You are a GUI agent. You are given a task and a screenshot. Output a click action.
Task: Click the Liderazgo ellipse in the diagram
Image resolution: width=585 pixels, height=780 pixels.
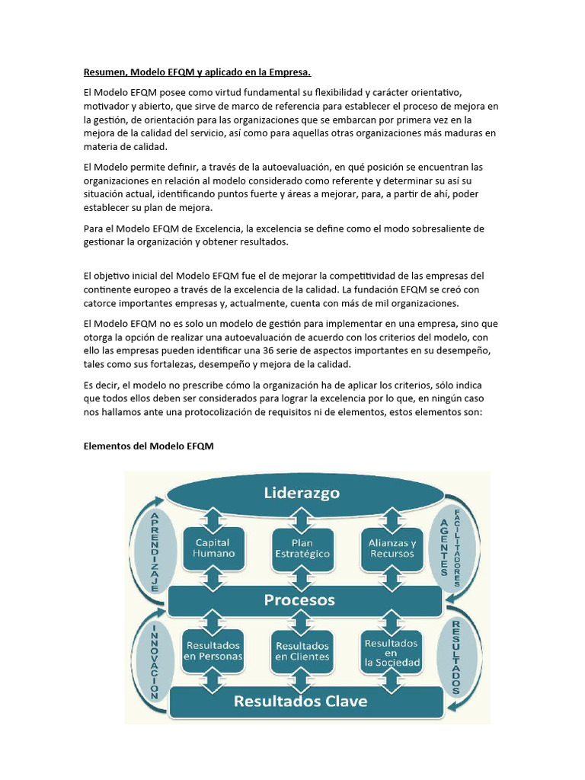point(302,494)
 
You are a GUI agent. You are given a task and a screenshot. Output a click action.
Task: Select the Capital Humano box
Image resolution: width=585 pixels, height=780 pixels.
point(213,548)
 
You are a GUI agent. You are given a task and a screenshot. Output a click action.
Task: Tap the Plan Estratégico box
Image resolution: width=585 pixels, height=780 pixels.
point(302,548)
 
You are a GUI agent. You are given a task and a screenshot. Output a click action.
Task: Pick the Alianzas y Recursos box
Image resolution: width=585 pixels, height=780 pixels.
point(392,548)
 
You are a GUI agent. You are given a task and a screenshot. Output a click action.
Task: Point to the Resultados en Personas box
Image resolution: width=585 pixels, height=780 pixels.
point(213,651)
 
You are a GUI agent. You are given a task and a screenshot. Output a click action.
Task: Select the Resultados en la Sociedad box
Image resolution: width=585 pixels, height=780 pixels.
point(392,652)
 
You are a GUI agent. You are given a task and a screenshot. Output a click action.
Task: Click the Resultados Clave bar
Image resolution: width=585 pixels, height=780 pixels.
point(300,701)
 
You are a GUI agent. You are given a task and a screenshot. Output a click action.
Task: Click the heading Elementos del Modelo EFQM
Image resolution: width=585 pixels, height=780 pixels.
point(148,446)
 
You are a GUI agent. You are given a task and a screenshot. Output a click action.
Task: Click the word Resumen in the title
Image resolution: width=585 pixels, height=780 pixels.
point(104,72)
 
